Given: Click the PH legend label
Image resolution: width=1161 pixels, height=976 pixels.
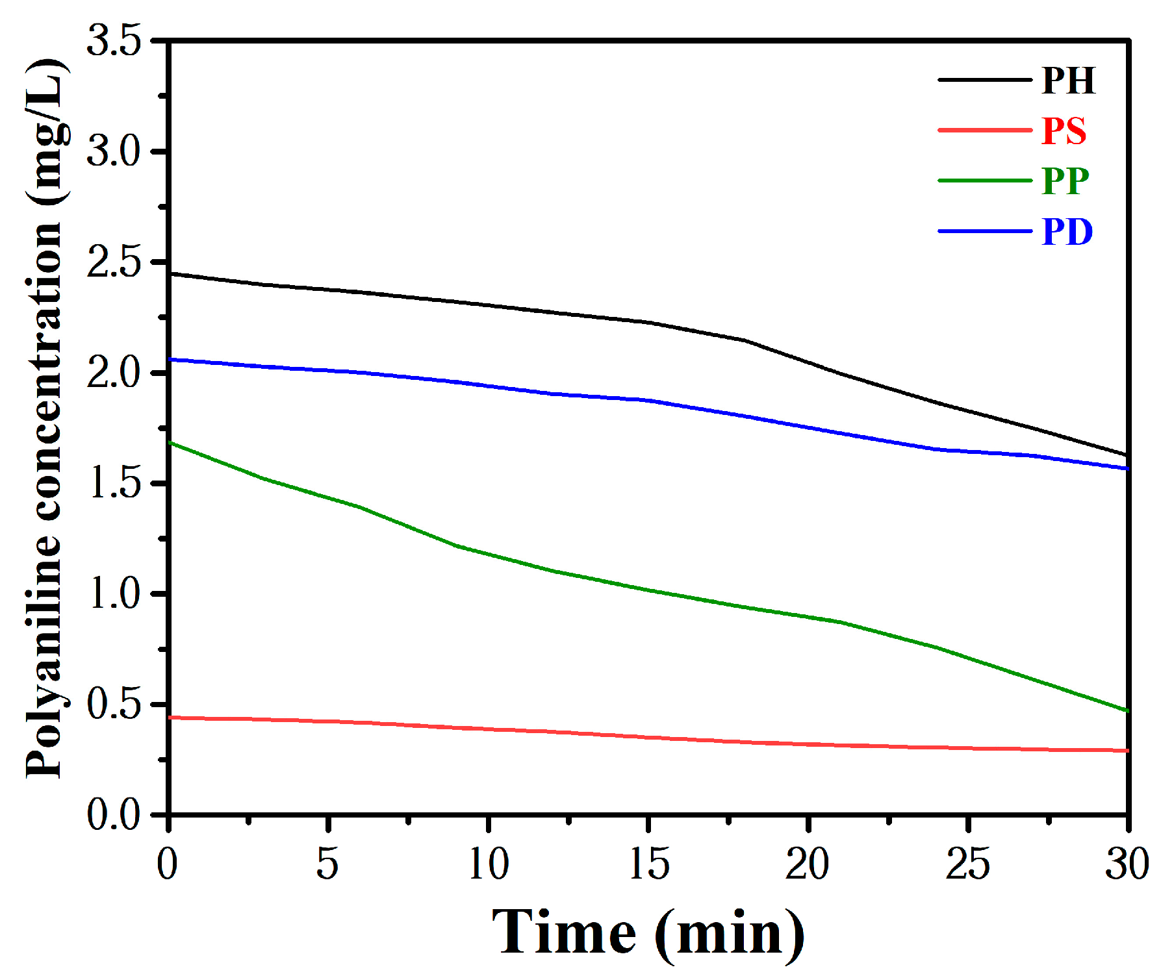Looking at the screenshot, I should (x=1068, y=81).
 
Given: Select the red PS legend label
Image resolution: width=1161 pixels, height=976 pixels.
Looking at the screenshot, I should (x=1064, y=131).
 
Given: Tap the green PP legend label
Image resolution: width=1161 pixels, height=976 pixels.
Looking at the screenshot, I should (x=1065, y=181).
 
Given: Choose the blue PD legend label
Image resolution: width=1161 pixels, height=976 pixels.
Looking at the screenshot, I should (x=1067, y=232).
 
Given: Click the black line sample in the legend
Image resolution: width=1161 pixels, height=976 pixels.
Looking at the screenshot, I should (x=984, y=80).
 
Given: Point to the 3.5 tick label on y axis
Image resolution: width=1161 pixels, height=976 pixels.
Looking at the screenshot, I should (x=114, y=40).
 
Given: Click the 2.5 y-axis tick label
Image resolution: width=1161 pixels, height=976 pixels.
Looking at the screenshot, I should (x=114, y=262).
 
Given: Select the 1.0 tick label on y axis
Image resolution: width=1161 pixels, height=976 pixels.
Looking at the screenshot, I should (x=114, y=594).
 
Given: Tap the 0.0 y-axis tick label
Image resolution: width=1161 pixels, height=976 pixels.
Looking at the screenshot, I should (x=114, y=814).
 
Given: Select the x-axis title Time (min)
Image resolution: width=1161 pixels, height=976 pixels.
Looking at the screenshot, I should (x=648, y=934).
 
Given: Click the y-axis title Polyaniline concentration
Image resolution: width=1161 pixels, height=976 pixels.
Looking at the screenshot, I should (x=45, y=419).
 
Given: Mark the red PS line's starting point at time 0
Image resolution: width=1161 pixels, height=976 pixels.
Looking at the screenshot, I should (x=170, y=718).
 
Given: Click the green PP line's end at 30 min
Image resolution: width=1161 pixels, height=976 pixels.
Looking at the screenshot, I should (x=1127, y=710).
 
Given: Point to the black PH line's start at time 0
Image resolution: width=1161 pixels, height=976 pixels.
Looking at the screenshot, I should (x=170, y=274).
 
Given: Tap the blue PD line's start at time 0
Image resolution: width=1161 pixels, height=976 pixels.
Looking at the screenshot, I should (x=170, y=359).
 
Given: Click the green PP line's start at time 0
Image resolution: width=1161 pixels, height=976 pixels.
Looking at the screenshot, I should (x=170, y=443).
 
